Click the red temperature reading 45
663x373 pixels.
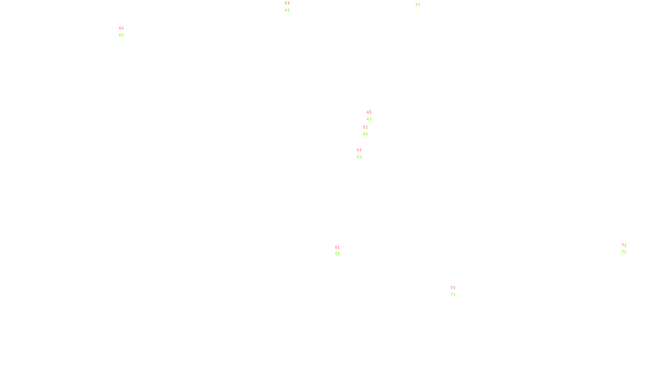coord(369,112)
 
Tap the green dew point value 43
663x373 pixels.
coord(369,119)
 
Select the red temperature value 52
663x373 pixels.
coord(365,127)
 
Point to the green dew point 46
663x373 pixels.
coord(365,134)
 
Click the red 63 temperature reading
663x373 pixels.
coord(359,150)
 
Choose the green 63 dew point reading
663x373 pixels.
coord(359,157)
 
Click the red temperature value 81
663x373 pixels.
coord(337,247)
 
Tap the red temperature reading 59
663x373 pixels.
coord(287,3)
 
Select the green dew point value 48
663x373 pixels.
coord(287,10)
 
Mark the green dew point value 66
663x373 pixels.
coord(121,35)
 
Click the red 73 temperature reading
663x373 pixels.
coord(452,288)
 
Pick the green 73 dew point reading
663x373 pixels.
coord(452,295)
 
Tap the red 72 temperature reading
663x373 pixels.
coord(624,245)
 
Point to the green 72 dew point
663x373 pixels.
coord(624,252)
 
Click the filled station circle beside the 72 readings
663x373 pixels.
coord(628,249)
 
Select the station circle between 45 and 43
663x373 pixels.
coord(373,116)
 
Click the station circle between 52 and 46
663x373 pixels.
coord(370,131)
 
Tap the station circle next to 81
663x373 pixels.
coord(341,251)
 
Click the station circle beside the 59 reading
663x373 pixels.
coord(291,7)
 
